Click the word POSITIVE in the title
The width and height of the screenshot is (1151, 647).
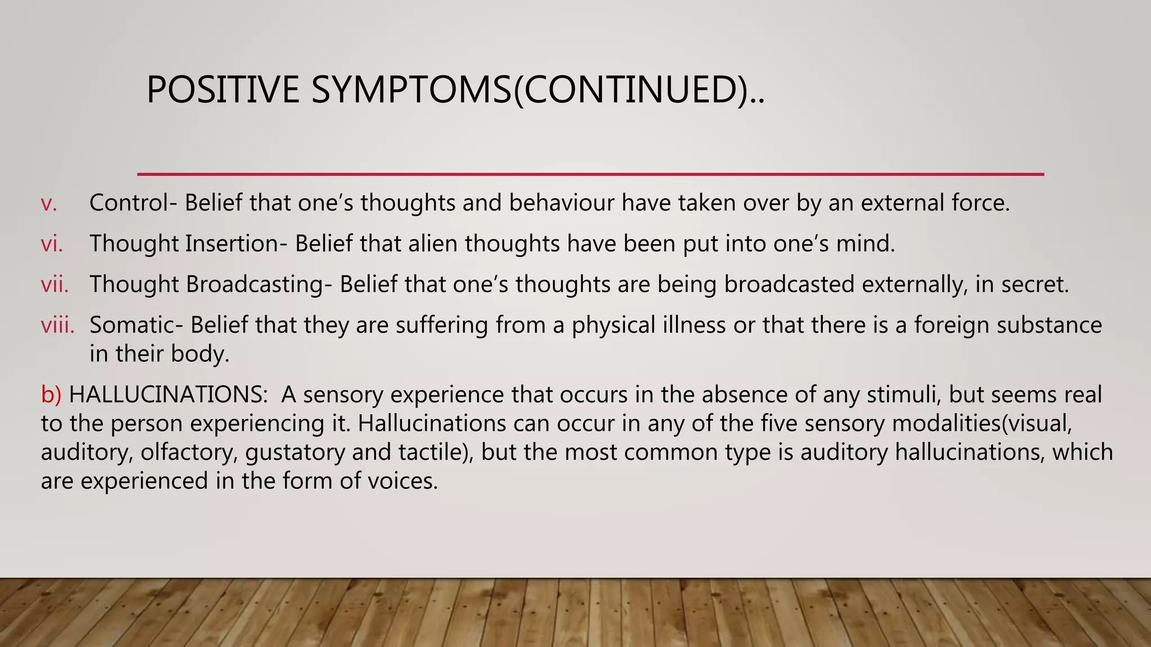coord(223,90)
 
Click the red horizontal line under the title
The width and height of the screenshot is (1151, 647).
coord(590,174)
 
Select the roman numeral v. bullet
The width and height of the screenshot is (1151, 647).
coord(49,203)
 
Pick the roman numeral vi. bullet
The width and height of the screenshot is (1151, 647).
coord(52,244)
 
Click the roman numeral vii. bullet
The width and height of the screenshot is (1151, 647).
coord(55,285)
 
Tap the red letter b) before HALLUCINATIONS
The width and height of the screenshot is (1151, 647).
coord(51,395)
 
